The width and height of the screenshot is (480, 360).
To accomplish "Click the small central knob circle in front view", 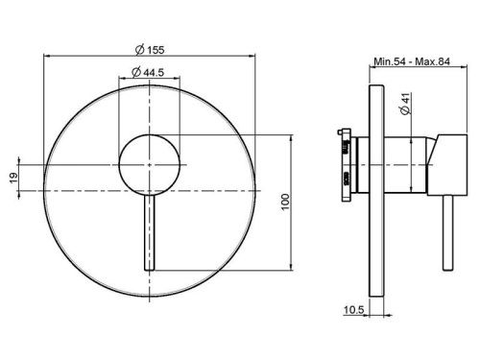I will [x=149, y=157].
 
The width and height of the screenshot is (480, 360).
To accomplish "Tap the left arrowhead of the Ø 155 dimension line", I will [x=46, y=56].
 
